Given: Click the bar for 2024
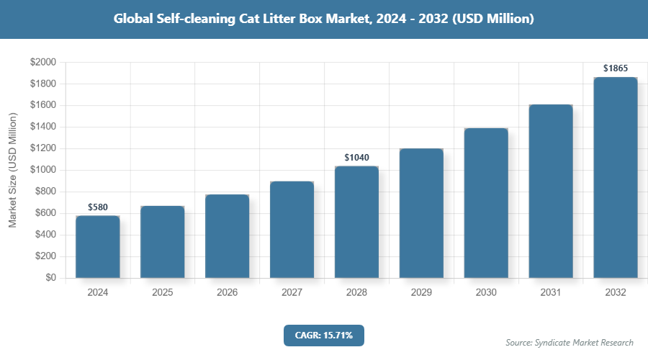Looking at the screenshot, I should (x=97, y=246).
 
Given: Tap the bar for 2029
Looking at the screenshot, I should (x=421, y=213).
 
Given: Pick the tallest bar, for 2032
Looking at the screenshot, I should (x=616, y=177).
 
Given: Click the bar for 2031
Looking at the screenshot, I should (x=551, y=191).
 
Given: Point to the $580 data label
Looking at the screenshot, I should (x=97, y=207).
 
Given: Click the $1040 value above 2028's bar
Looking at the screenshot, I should (x=356, y=157).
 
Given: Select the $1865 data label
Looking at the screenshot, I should (x=616, y=68).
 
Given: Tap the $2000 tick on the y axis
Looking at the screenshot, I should (x=42, y=63).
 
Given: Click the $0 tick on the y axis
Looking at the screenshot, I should (x=50, y=278).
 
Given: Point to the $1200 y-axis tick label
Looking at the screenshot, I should (x=42, y=149).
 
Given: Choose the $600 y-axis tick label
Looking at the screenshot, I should (x=45, y=213).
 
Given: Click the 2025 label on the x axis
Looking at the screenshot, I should (x=162, y=293).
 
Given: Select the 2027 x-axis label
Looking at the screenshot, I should (x=292, y=293).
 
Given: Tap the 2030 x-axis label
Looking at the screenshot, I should (x=486, y=293).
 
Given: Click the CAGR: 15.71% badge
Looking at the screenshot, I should (x=323, y=336).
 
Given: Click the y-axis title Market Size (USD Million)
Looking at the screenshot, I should (x=12, y=170).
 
